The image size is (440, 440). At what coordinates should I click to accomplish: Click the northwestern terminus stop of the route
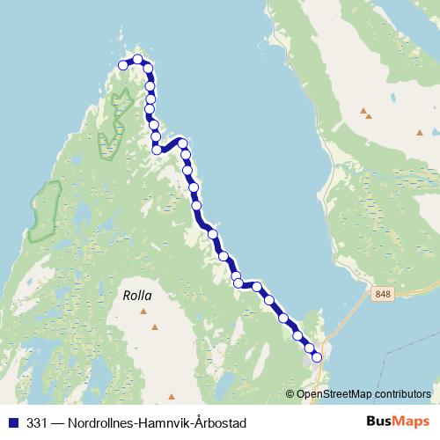pyautogui.click(x=123, y=65)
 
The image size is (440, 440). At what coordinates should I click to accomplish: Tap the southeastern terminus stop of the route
pyautogui.click(x=317, y=356)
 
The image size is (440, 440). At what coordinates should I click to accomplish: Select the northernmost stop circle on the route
pyautogui.click(x=137, y=60)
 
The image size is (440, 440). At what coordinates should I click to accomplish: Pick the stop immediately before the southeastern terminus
pyautogui.click(x=310, y=347)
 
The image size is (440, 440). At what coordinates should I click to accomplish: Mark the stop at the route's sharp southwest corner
pyautogui.click(x=158, y=150)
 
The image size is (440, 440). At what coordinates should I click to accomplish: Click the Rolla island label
pyautogui.click(x=138, y=297)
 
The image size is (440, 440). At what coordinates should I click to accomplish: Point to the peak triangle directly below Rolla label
pyautogui.click(x=156, y=327)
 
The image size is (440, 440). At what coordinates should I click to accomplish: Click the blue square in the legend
pyautogui.click(x=12, y=422)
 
